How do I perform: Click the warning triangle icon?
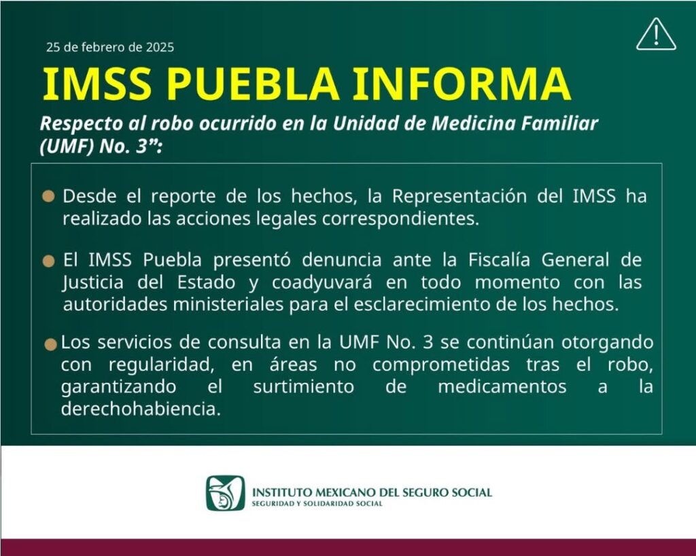[x=656, y=34]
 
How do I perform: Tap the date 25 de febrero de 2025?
[x=110, y=47]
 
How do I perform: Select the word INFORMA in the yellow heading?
[x=462, y=84]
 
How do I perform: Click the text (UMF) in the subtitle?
[x=67, y=147]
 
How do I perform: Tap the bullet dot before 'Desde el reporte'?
[x=48, y=196]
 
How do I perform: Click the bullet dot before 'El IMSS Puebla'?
[x=48, y=261]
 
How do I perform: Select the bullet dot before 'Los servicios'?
[x=51, y=344]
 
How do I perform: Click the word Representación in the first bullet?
[x=459, y=196]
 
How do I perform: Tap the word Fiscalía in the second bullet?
[x=499, y=260]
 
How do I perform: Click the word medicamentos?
[x=502, y=387]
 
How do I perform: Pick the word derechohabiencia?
[x=141, y=409]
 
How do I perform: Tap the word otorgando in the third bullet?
[x=608, y=343]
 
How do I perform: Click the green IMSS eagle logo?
[x=226, y=493]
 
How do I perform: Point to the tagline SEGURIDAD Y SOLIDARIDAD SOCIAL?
[x=317, y=504]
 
